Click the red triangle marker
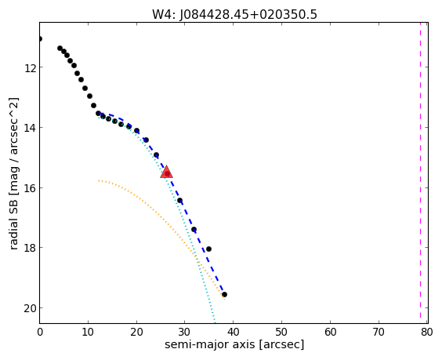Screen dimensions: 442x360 (166, 172)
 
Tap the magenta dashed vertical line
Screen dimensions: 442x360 (420, 173)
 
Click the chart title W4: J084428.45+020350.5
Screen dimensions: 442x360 (234, 14)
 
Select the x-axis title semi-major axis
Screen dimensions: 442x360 (234, 344)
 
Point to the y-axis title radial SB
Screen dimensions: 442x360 (13, 173)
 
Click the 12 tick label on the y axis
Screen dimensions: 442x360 (30, 67)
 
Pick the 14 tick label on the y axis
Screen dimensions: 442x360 (30, 128)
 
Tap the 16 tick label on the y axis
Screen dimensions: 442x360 (30, 188)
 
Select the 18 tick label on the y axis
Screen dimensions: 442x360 (30, 248)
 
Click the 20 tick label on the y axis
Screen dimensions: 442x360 (30, 308)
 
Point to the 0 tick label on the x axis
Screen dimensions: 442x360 (40, 332)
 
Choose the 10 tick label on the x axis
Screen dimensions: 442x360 (88, 332)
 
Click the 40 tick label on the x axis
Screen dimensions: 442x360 (233, 332)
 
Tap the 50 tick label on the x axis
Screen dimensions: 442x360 (281, 332)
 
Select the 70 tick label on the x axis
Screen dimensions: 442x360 (379, 332)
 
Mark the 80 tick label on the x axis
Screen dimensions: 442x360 (427, 332)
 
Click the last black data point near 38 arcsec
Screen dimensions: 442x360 (224, 295)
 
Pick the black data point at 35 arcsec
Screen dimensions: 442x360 (208, 249)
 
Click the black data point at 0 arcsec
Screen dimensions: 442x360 (40, 38)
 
